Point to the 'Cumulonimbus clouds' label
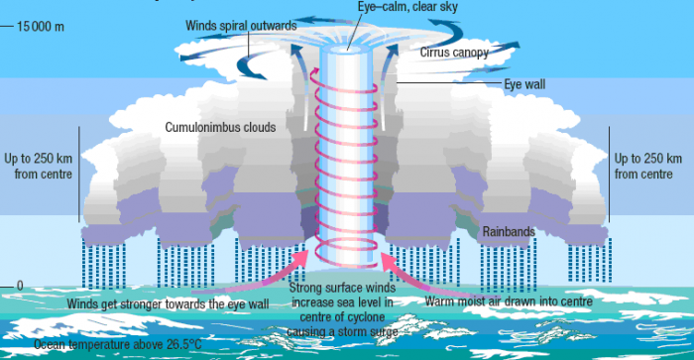tap(220, 127)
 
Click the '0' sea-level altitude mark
tap(19, 286)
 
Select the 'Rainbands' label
tap(509, 232)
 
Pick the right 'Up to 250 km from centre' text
tap(647, 166)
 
